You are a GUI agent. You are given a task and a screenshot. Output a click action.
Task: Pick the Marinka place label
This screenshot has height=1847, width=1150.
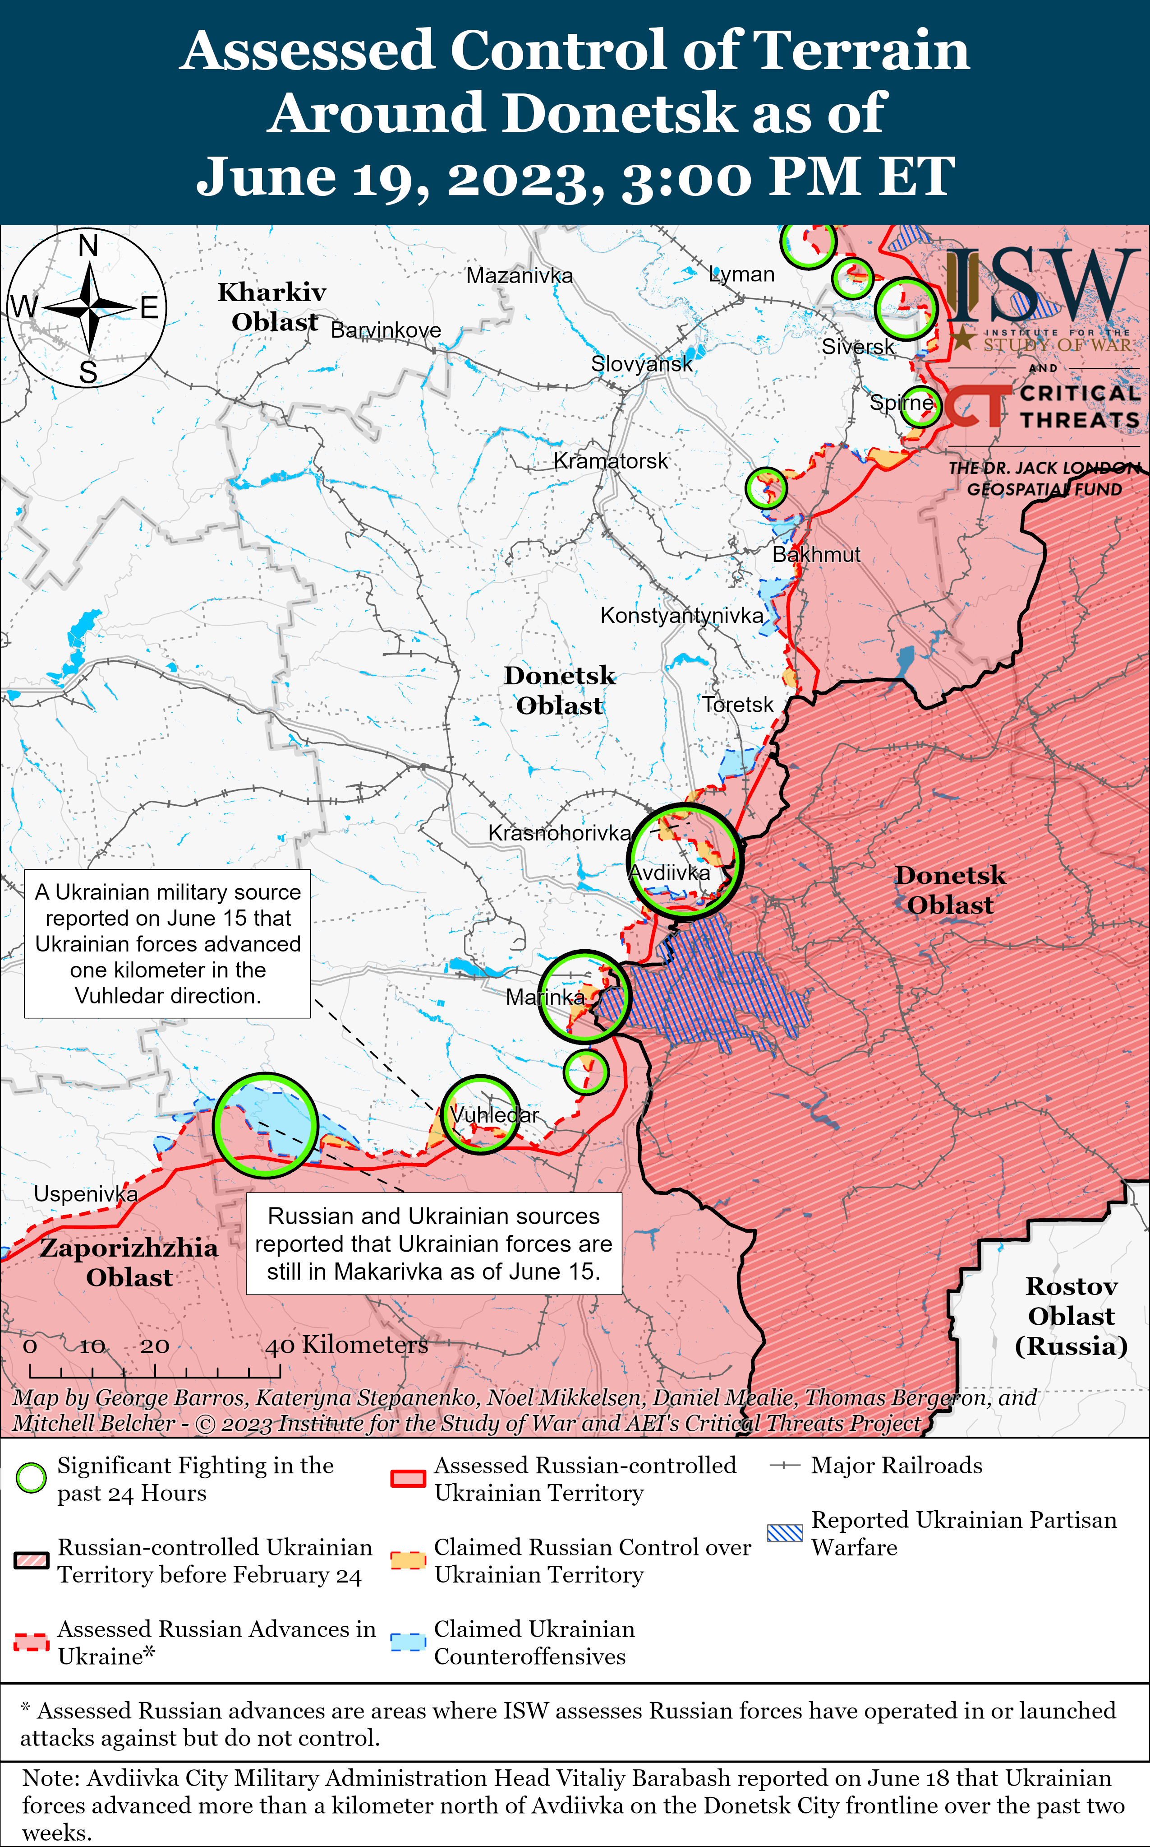tap(545, 997)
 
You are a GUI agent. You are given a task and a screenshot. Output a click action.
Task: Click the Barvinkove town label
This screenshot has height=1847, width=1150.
tap(386, 330)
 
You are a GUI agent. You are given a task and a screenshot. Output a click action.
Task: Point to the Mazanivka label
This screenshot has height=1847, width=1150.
tap(520, 275)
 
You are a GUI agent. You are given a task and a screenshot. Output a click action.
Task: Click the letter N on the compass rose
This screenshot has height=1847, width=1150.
tap(88, 246)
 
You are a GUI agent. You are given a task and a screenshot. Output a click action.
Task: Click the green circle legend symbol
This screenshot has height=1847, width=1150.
tap(31, 1479)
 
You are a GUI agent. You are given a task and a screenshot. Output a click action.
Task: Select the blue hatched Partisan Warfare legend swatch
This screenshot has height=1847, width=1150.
tap(785, 1533)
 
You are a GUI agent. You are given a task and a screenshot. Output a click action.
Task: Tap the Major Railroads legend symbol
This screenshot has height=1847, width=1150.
tap(785, 1466)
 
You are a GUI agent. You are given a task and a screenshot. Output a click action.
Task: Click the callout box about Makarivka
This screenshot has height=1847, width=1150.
tap(433, 1244)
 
